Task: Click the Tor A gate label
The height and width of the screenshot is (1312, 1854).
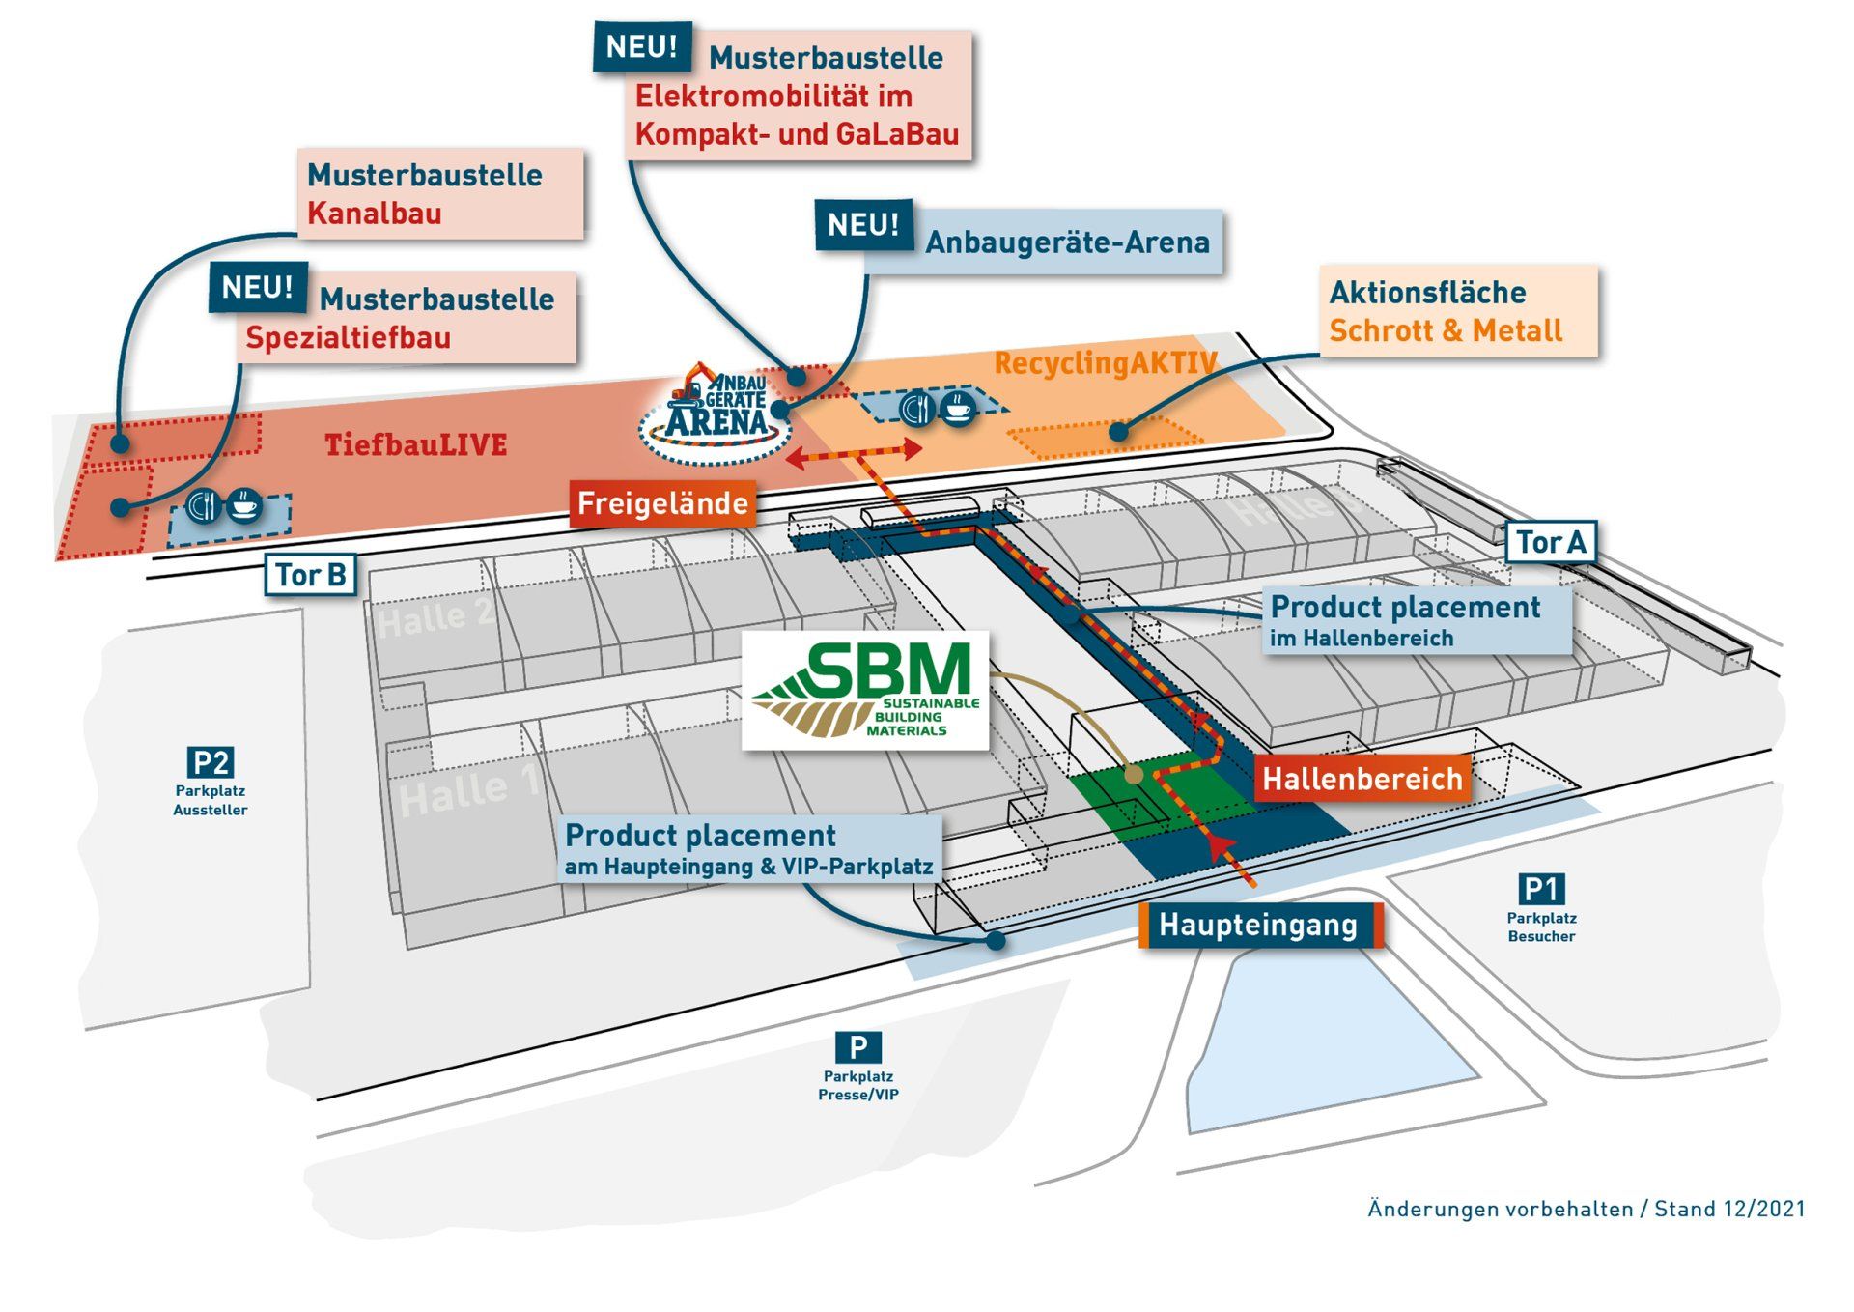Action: [1550, 542]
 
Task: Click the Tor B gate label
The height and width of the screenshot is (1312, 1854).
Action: [311, 575]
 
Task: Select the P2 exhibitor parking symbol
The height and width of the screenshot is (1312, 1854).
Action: [211, 762]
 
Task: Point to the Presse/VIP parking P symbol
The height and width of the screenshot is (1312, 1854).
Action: [857, 1047]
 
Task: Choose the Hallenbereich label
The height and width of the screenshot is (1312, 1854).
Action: [1362, 779]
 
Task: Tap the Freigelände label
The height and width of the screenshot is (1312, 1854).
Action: [662, 503]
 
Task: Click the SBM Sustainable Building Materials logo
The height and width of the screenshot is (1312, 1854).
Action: [865, 690]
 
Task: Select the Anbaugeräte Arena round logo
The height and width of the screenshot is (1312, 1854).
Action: [716, 414]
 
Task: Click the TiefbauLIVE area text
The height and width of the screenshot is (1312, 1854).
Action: [416, 444]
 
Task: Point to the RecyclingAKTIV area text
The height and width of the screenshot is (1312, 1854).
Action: [1105, 363]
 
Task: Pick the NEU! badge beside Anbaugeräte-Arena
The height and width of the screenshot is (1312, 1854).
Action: [863, 225]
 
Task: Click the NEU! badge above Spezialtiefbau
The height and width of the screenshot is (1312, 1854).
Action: [258, 287]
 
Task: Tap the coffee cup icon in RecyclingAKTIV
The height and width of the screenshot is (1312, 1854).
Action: [957, 408]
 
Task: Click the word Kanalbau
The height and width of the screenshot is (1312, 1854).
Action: [375, 213]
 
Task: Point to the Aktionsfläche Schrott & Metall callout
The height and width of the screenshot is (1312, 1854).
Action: [1458, 311]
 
